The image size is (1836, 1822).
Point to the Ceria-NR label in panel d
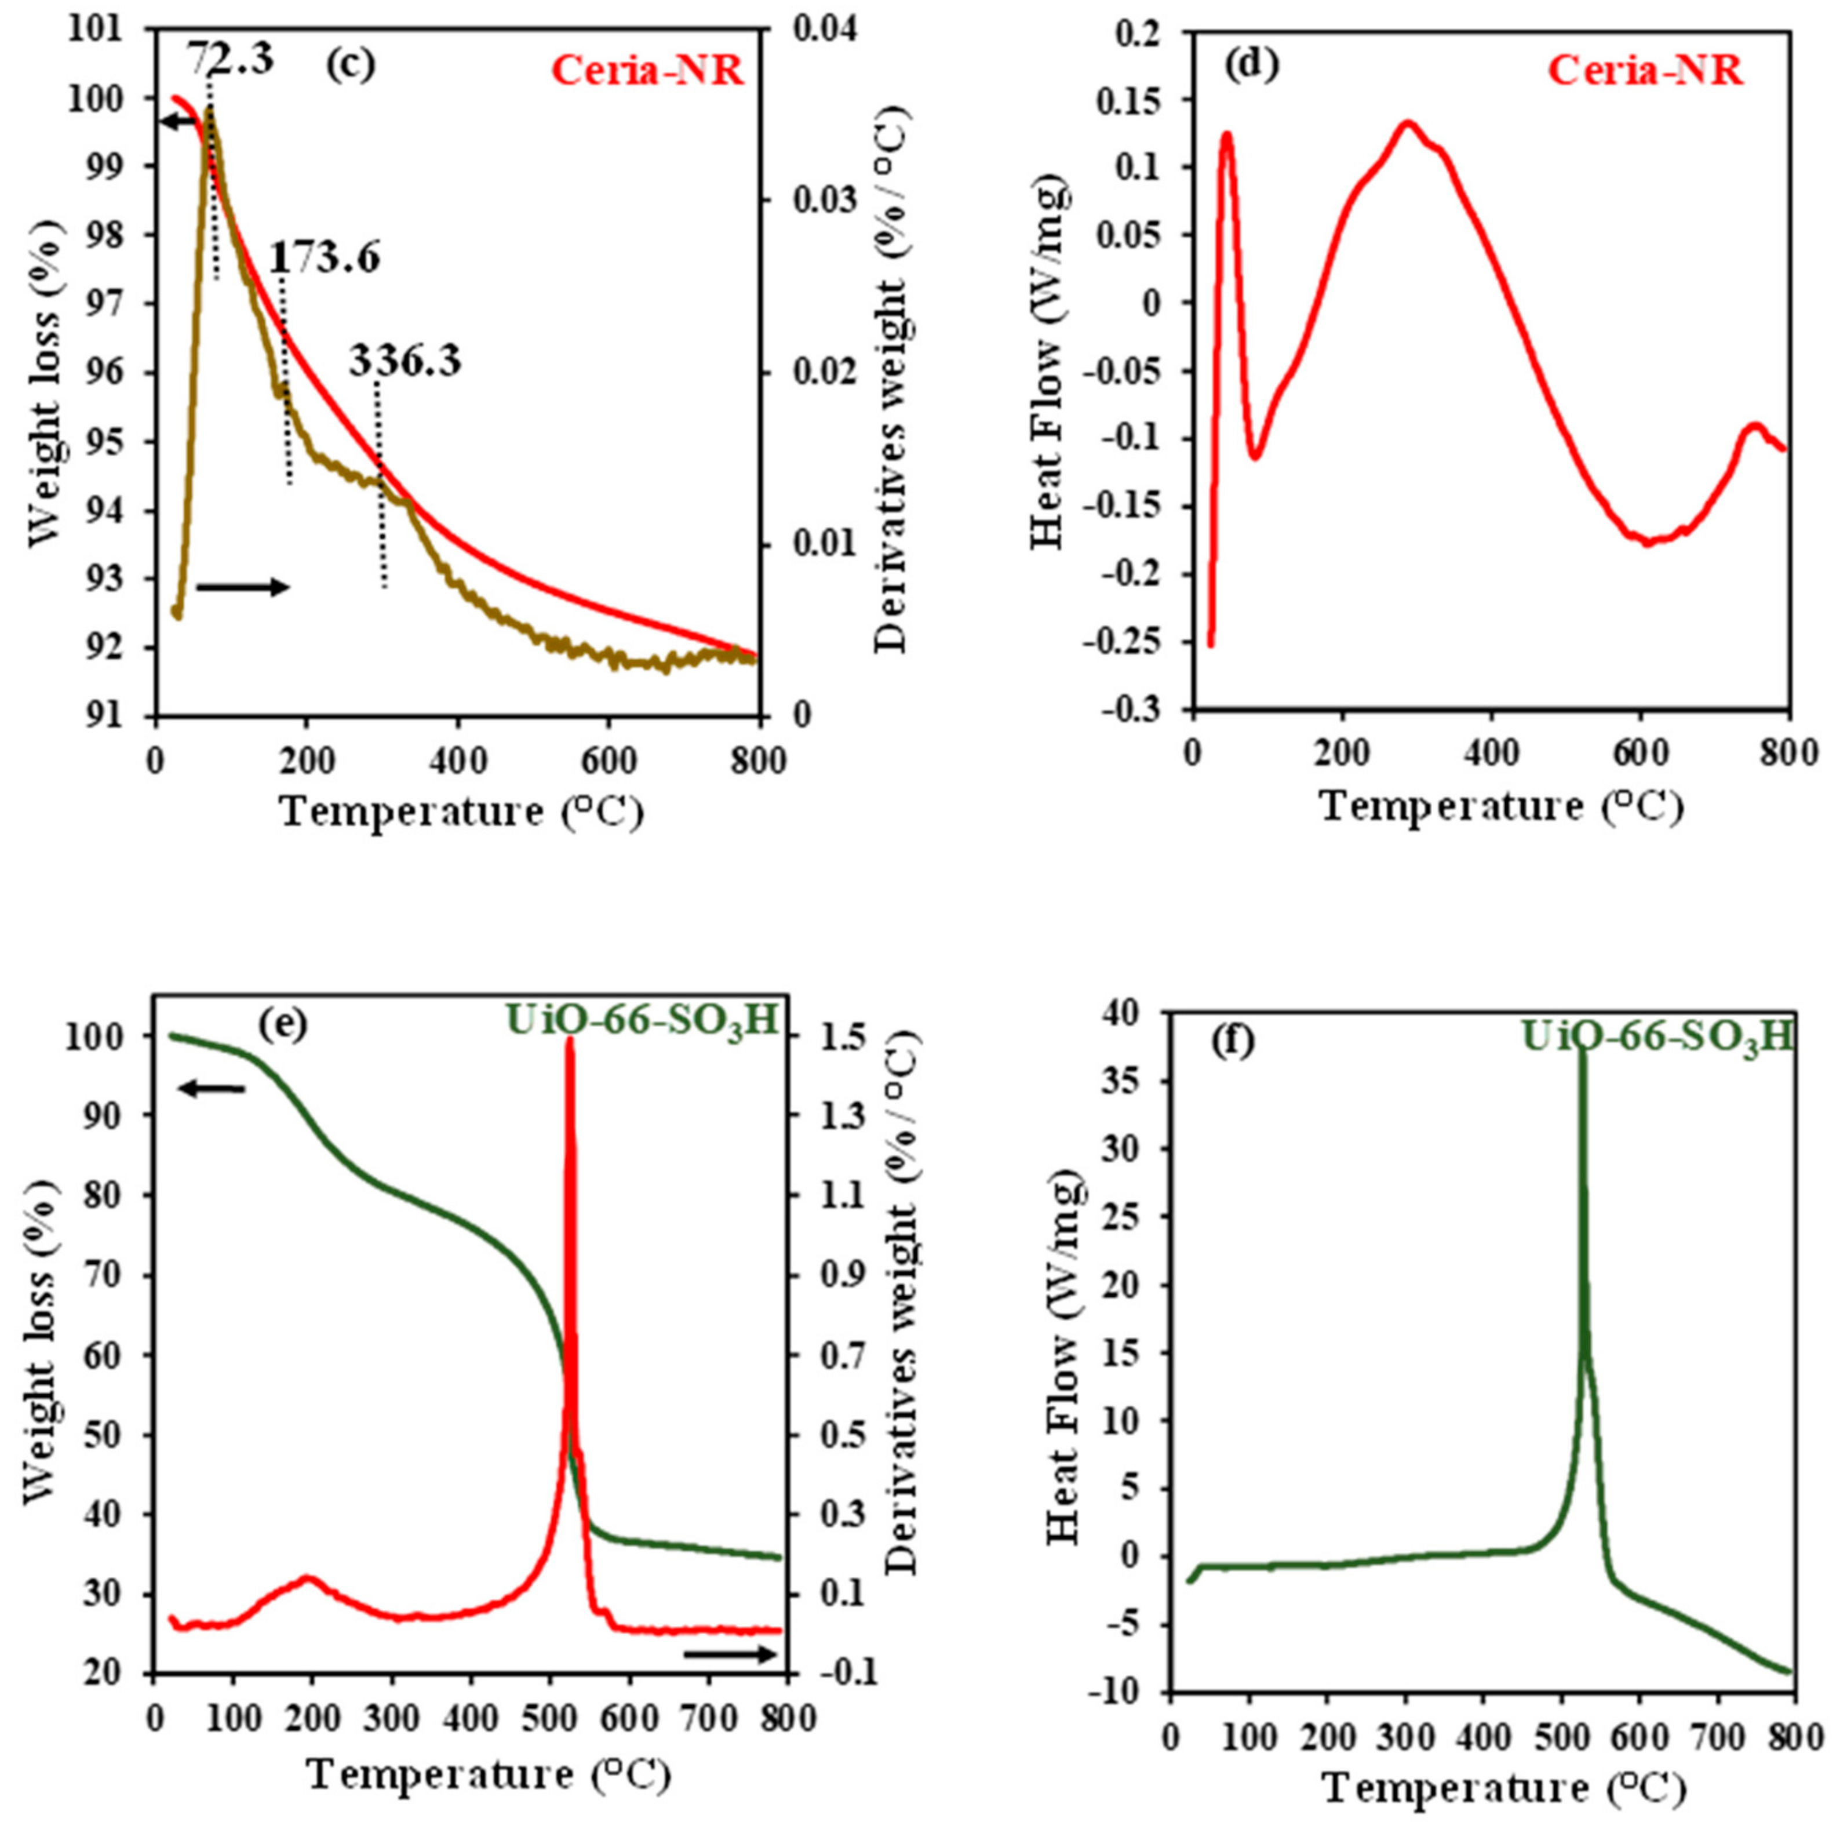click(1645, 71)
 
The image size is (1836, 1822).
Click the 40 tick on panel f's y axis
click(1136, 1015)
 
